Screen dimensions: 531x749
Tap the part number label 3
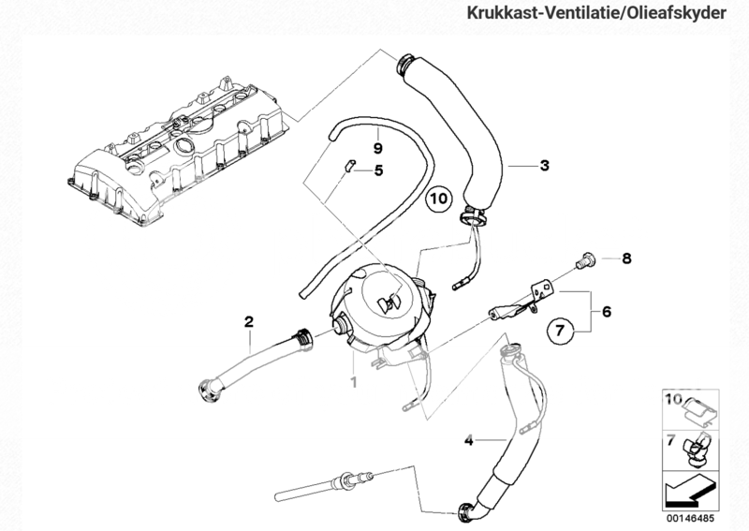[x=543, y=166]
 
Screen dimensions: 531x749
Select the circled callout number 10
[x=439, y=199]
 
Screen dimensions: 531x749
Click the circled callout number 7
[x=559, y=331]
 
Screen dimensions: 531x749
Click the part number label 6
[x=606, y=311]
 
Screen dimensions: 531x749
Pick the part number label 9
[x=378, y=148]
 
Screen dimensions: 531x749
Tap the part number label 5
[x=379, y=170]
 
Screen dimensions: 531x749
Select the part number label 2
[x=249, y=322]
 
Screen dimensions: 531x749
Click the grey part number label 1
[x=353, y=381]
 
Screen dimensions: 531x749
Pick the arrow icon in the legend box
[x=688, y=488]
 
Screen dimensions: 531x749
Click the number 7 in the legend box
[x=669, y=437]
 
